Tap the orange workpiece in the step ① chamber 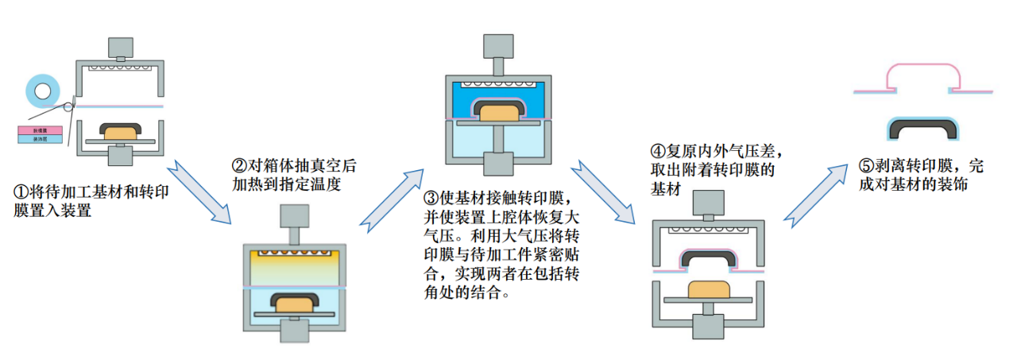pyautogui.click(x=119, y=133)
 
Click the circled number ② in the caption pyautogui.click(x=238, y=168)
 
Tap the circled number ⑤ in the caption pyautogui.click(x=865, y=168)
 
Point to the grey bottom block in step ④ pyautogui.click(x=708, y=327)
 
